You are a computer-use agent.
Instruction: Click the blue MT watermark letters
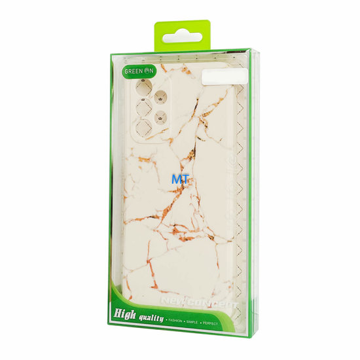point(177,178)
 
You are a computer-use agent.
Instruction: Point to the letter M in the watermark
point(173,178)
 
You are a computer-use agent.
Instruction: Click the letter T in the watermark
point(183,178)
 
